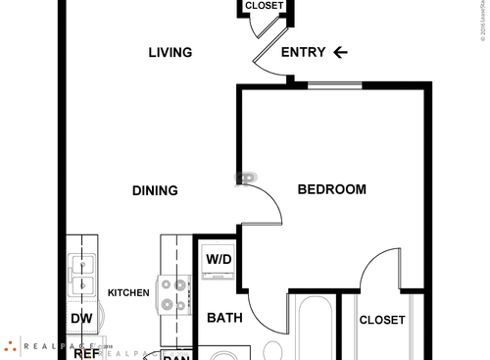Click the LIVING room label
(x=170, y=53)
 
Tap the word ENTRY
(x=303, y=53)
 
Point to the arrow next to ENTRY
(x=341, y=53)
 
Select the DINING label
(x=155, y=190)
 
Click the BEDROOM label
(x=332, y=189)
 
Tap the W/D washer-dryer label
(x=218, y=260)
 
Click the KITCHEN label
(x=128, y=293)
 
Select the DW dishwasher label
(x=80, y=319)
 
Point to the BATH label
(x=224, y=318)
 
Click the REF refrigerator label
(x=86, y=353)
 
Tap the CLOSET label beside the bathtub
(x=381, y=320)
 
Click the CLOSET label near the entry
(x=264, y=6)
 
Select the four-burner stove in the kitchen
(x=173, y=293)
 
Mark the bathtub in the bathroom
(x=313, y=329)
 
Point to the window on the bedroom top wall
(x=333, y=87)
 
